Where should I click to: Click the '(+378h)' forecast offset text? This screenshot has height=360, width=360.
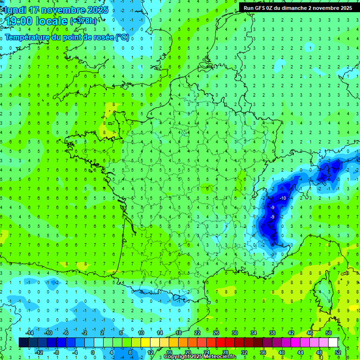pos(83,21)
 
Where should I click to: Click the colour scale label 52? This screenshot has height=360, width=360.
pos(333,352)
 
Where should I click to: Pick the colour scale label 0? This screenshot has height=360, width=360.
pos(93,352)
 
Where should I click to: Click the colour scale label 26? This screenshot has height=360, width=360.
pos(216,333)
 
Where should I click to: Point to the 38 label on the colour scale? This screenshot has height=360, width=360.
pos(272,333)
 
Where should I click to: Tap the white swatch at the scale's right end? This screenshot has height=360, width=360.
pos(333,342)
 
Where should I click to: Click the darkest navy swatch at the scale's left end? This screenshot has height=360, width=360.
pos(23,342)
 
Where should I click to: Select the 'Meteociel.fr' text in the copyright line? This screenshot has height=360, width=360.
pos(220,357)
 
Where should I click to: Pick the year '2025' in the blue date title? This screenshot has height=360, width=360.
pos(97,10)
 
